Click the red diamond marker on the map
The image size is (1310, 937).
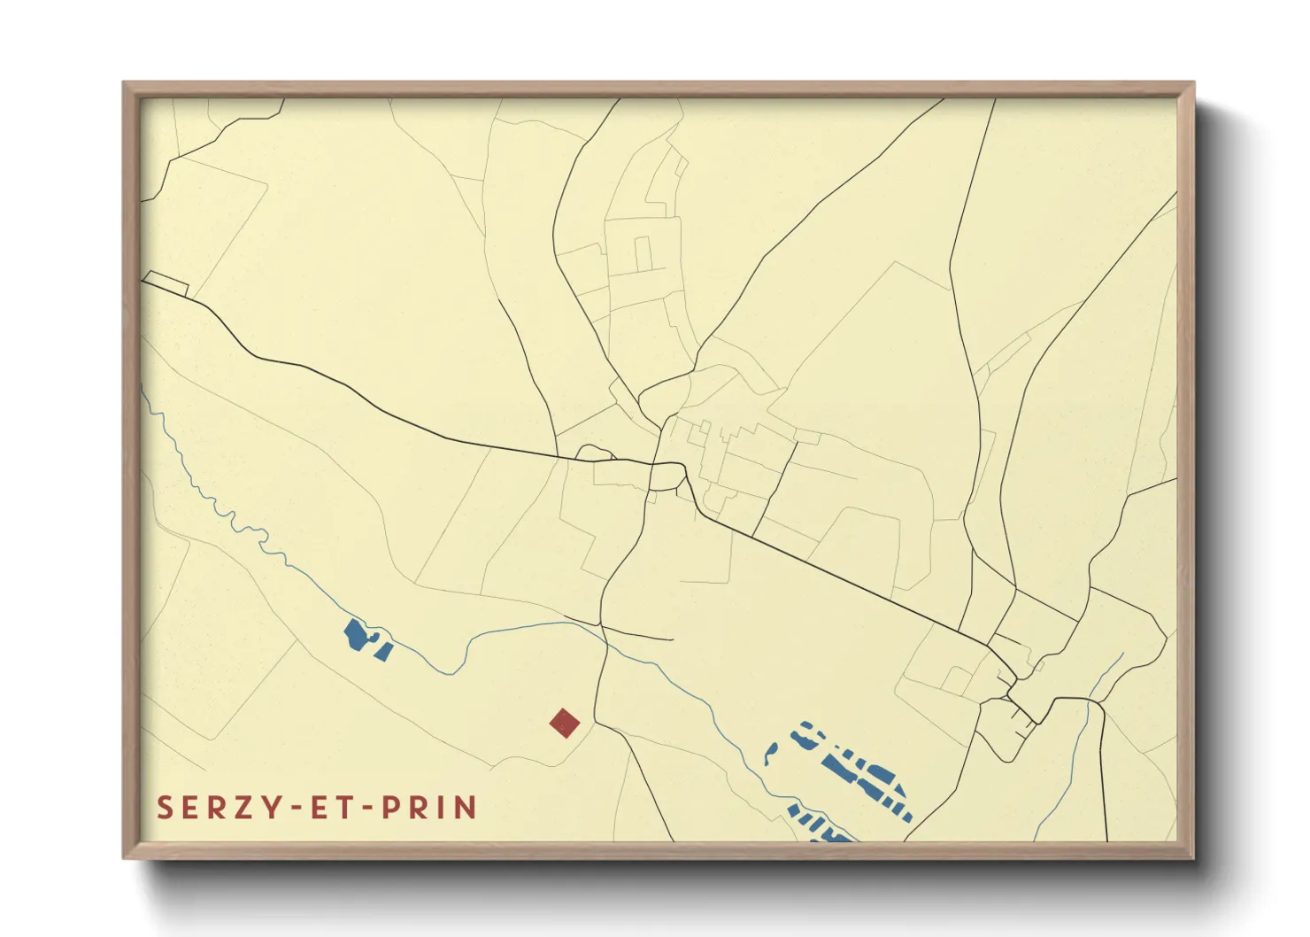point(564,723)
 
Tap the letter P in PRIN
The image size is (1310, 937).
point(391,808)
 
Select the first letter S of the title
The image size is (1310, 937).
point(165,808)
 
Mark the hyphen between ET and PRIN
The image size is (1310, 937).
point(366,809)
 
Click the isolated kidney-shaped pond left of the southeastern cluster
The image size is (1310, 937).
point(769,754)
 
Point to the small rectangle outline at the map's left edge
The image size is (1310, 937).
point(166,283)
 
